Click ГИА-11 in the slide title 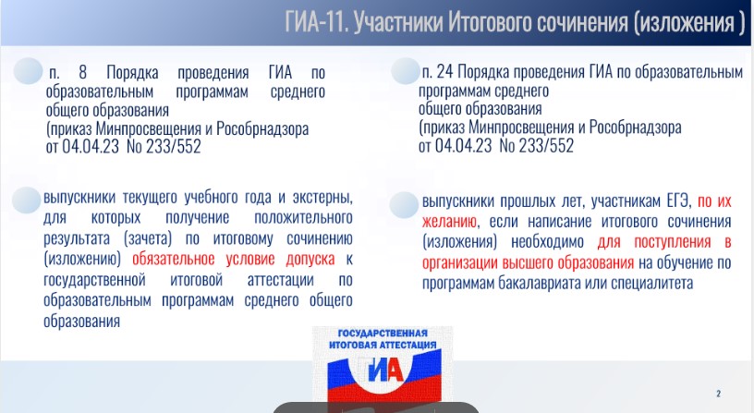coord(316,22)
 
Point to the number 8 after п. coord(83,73)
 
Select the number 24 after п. coord(444,72)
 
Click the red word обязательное coord(173,259)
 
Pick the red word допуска coord(310,259)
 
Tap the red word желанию coord(450,221)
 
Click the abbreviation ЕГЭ coord(678,200)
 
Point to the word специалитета coord(652,283)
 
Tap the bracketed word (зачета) coord(148,238)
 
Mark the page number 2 coord(718,394)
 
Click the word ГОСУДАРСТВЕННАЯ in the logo coord(383,334)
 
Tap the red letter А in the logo coord(394,371)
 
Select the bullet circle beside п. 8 coord(28,71)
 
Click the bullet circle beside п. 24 coord(406,71)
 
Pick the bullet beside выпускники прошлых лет coord(404,205)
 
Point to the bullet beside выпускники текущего coord(27,200)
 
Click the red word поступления coord(673,241)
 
